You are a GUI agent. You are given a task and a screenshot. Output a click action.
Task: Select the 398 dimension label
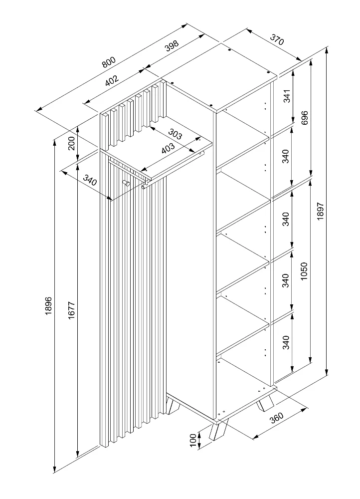pos(171,46)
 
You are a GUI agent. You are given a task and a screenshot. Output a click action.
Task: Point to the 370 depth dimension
pos(277,39)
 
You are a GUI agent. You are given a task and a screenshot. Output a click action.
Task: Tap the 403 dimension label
pos(168,148)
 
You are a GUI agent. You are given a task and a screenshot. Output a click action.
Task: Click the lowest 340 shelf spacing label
pos(286,343)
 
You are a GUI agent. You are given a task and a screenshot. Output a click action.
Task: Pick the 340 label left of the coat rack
pos(89,179)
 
